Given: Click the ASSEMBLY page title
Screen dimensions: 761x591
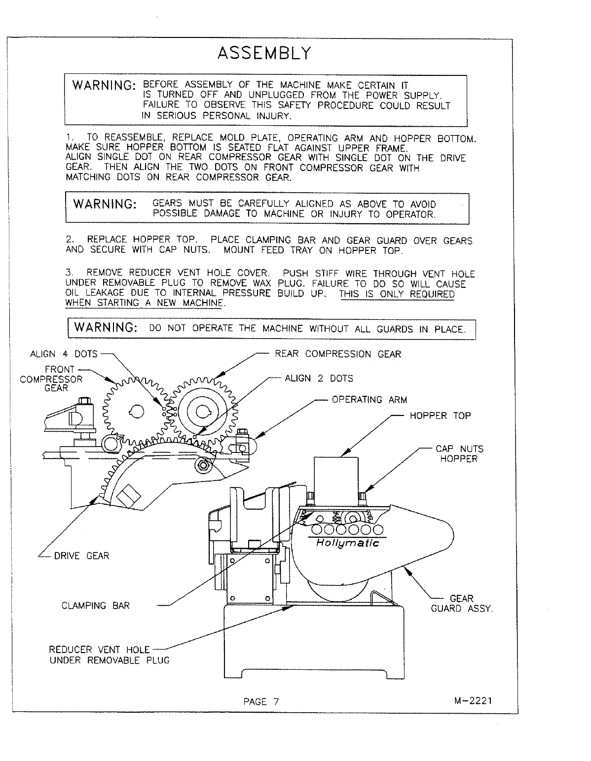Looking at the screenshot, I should coord(264,53).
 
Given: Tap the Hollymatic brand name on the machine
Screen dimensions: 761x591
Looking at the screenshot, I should coord(347,543).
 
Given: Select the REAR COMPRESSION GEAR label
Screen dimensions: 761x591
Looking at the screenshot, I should coord(338,354).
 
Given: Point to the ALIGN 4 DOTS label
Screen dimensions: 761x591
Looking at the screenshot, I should coord(64,354).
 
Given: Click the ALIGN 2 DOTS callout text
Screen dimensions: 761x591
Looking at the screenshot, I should coord(319,379).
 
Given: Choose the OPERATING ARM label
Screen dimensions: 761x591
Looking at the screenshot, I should coord(369,400).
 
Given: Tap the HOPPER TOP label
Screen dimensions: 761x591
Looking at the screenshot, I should coord(440,415).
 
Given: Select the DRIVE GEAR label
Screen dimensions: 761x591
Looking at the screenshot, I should coord(81,556).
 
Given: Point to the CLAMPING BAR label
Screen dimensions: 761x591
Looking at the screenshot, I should coord(96,606).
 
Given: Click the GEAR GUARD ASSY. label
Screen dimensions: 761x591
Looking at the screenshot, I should coord(462,604).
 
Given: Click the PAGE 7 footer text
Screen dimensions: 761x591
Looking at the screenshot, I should coord(261,702).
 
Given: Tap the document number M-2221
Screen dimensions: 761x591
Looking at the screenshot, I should coord(473,701).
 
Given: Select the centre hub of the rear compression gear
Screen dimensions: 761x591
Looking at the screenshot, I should coord(202,413).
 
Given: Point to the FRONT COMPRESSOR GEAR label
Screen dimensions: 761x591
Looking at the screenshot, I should coord(52,379).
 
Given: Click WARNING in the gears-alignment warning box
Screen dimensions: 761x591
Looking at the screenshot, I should coord(104,204).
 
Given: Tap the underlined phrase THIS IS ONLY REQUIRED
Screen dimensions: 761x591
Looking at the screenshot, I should coord(397,294).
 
